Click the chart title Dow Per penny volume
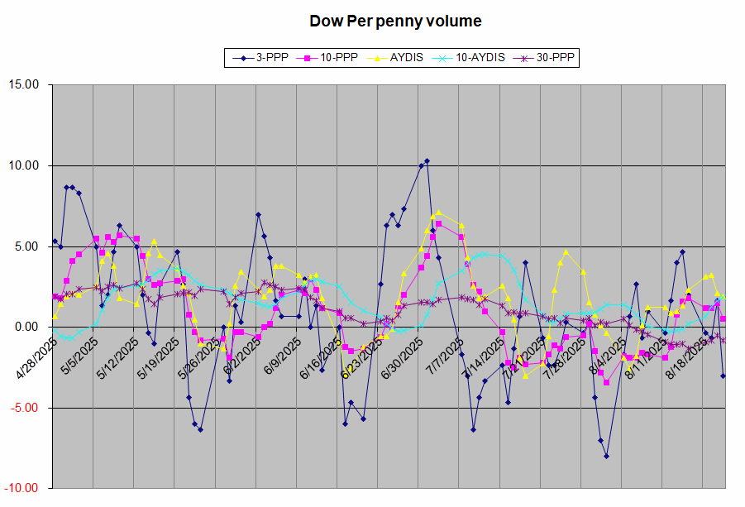pos(395,21)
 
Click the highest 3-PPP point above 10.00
pos(427,160)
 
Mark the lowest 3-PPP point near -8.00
pos(606,456)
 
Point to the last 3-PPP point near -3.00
pos(723,375)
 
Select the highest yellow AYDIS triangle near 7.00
pos(438,213)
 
